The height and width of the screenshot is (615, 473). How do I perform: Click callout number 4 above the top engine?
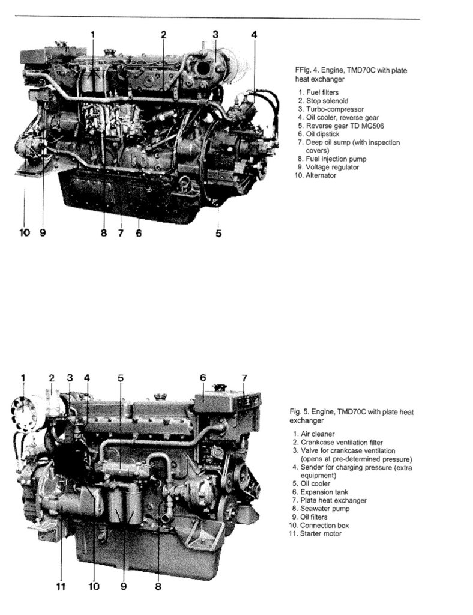click(x=254, y=34)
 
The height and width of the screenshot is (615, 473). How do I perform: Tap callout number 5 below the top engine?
click(x=218, y=233)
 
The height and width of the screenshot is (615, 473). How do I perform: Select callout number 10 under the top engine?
click(x=24, y=232)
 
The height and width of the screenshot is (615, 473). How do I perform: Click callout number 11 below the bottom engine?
click(x=61, y=586)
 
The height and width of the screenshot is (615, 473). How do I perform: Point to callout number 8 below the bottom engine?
click(x=158, y=586)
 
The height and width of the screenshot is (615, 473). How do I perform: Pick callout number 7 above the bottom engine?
click(x=244, y=378)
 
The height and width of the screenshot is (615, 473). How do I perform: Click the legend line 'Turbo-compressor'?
click(x=331, y=109)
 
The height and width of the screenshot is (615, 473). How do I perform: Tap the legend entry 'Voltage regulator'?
click(x=328, y=167)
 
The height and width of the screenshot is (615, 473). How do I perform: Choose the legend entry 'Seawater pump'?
click(x=321, y=509)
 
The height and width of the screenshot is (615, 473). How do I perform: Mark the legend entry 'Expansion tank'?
click(x=320, y=492)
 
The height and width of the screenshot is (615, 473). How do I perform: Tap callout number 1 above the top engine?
click(x=93, y=34)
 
